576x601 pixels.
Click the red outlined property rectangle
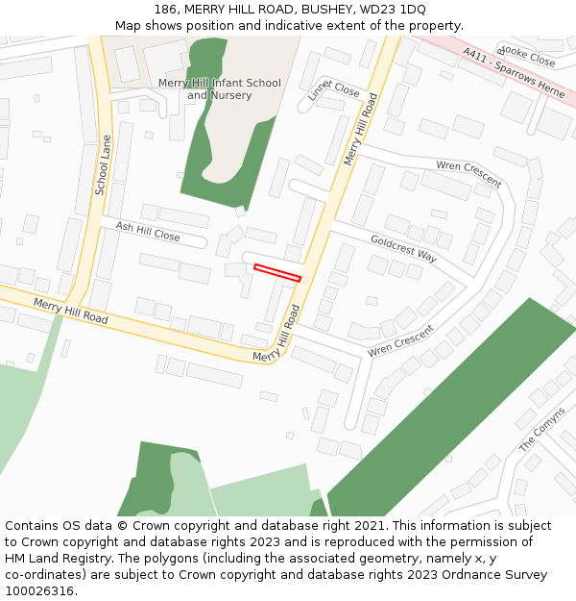277,272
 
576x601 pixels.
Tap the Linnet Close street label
333,89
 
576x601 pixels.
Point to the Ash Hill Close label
148,231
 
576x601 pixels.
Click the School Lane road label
103,164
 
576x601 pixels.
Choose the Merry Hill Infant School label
220,83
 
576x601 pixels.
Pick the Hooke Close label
527,57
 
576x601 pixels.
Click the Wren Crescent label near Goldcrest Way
468,173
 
